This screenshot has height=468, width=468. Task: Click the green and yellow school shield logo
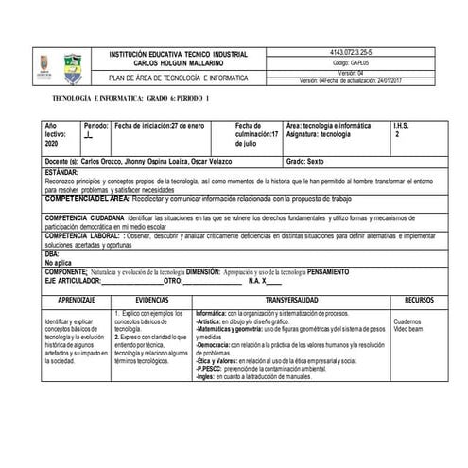pos(72,67)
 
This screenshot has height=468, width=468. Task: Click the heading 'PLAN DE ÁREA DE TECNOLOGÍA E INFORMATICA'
pos(179,78)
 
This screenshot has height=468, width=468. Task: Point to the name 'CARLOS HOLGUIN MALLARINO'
pos(178,63)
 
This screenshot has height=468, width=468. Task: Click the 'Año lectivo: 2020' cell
pos(58,133)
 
